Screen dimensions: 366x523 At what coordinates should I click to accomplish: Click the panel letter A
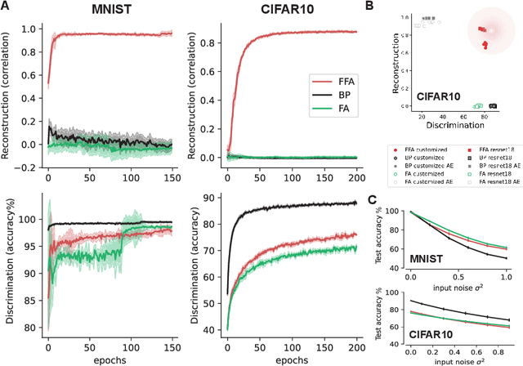point(7,7)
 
